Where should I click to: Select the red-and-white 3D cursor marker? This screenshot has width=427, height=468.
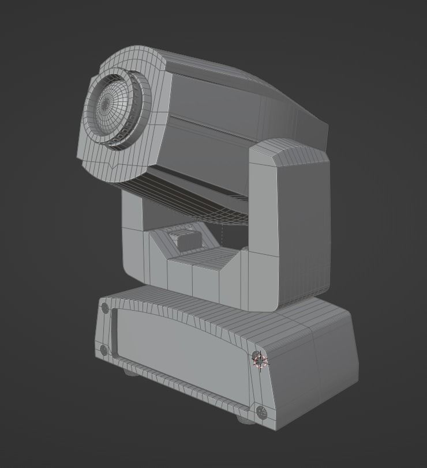(260, 361)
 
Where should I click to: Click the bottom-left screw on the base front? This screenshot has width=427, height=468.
(104, 350)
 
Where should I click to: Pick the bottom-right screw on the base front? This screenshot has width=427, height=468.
(261, 412)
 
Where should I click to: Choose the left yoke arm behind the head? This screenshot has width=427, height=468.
(133, 231)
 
